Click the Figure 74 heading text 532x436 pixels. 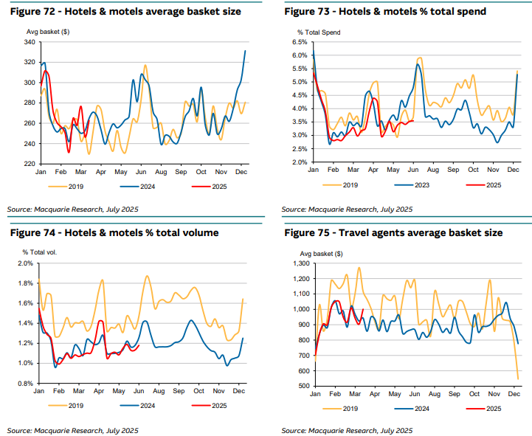click(x=114, y=233)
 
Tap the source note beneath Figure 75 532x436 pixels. click(x=346, y=430)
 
